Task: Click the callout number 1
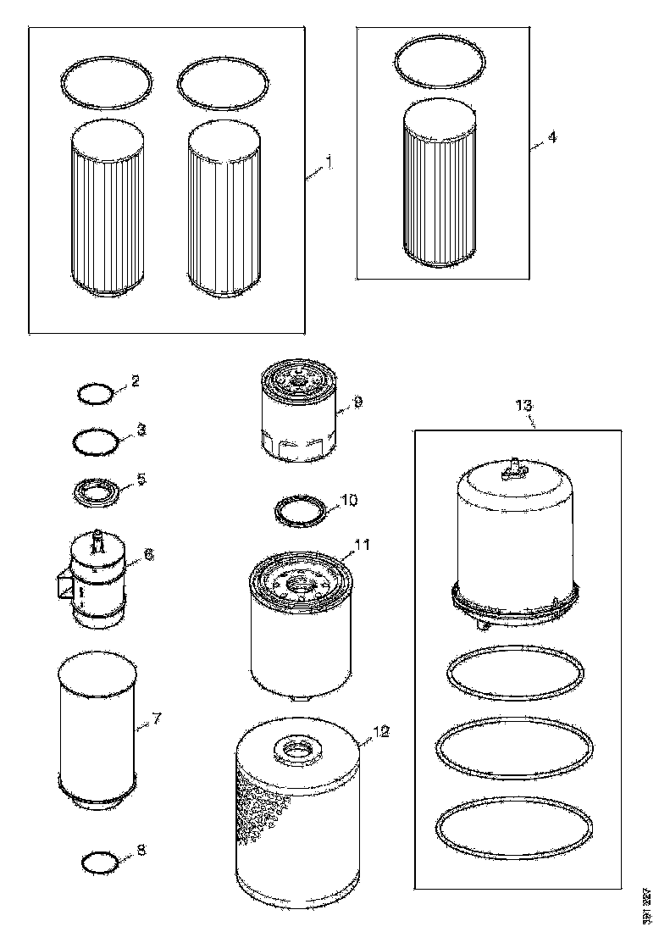[x=329, y=161]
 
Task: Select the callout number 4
[x=551, y=137]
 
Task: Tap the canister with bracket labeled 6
[x=96, y=580]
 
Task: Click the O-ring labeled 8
[x=98, y=863]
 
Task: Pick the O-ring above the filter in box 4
[x=440, y=65]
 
